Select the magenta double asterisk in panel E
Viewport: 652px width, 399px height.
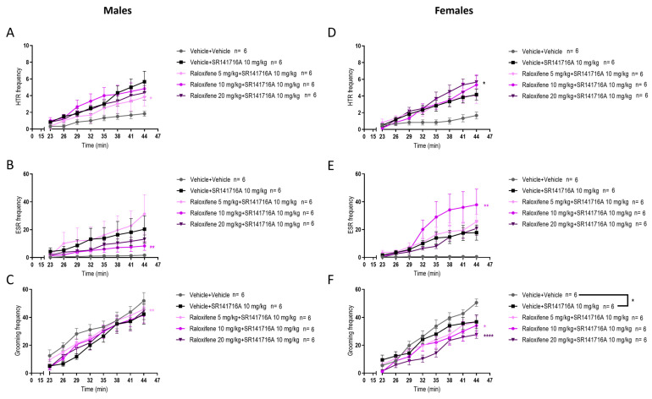486,205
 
